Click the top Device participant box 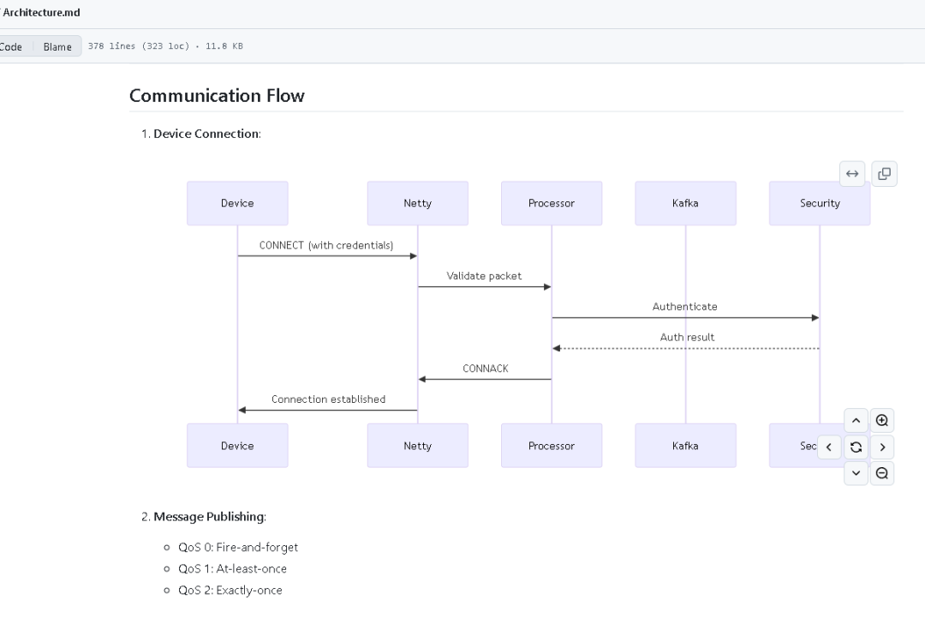(x=237, y=203)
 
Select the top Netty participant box (x=418, y=203)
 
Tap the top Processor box (x=552, y=203)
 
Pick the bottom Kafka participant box (x=685, y=446)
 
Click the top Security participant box (x=820, y=203)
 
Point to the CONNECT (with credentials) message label (x=326, y=245)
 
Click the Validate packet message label (x=484, y=276)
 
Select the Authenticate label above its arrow (x=685, y=306)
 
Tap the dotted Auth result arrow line (x=685, y=348)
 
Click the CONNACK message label (x=485, y=369)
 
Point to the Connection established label (x=328, y=399)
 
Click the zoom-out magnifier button (x=882, y=473)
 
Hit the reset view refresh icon (x=856, y=447)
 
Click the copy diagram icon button (x=884, y=173)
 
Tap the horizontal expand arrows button (x=852, y=173)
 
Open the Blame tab (x=57, y=46)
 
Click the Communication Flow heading (x=217, y=96)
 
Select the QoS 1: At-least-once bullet (x=232, y=568)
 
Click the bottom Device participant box (x=237, y=446)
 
